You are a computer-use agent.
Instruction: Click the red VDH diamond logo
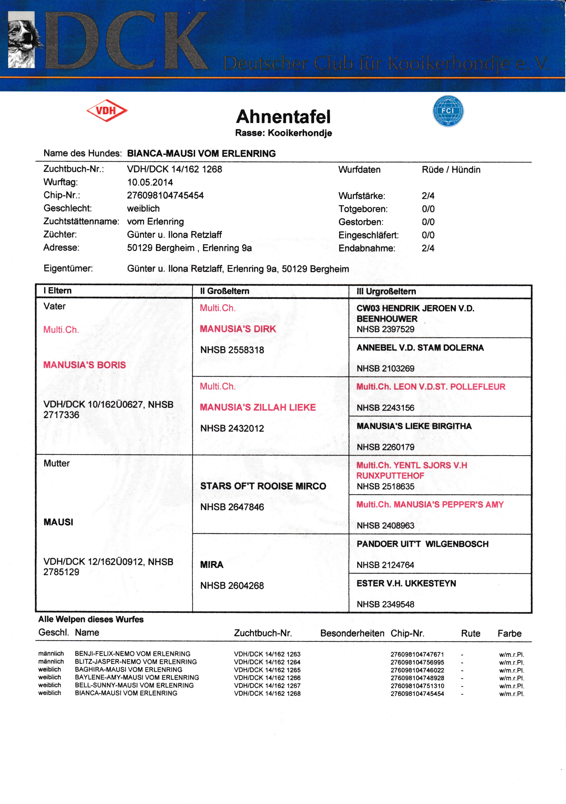[x=107, y=111]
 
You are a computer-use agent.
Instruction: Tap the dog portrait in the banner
[x=22, y=40]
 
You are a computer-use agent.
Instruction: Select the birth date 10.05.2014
[x=150, y=182]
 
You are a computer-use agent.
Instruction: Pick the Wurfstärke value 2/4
[x=428, y=196]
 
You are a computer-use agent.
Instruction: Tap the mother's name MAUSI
[x=58, y=522]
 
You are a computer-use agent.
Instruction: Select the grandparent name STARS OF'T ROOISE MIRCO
[x=263, y=486]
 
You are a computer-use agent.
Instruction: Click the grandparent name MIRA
[x=212, y=564]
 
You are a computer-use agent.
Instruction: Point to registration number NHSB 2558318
[x=232, y=350]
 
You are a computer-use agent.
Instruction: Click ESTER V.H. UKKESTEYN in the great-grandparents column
[x=406, y=583]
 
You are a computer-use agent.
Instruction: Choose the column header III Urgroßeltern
[x=386, y=291]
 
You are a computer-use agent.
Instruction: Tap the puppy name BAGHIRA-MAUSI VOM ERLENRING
[x=128, y=669]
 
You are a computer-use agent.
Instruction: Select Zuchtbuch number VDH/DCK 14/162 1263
[x=267, y=654]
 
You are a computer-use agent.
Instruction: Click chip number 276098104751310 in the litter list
[x=417, y=686]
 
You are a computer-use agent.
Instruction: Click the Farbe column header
[x=509, y=633]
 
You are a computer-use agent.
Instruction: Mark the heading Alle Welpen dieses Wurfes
[x=91, y=619]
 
